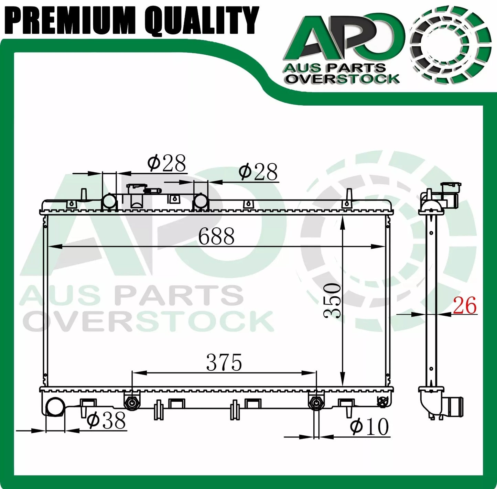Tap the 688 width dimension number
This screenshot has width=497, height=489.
coord(216,236)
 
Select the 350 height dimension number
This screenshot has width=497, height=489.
coord(333,300)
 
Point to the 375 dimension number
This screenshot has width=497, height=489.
coord(224,362)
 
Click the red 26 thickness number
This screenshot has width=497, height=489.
coord(465,305)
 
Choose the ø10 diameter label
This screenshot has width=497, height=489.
coord(369,427)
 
